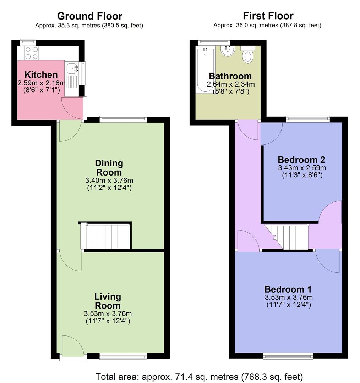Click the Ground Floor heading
click(x=89, y=16)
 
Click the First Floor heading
click(x=268, y=16)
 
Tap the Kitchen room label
click(x=41, y=75)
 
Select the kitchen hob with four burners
click(x=31, y=53)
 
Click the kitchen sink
click(x=72, y=67)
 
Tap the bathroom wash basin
click(x=226, y=51)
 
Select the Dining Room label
click(x=109, y=168)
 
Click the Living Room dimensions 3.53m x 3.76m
click(x=108, y=313)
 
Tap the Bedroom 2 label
click(x=301, y=159)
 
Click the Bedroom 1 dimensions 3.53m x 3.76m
click(x=288, y=297)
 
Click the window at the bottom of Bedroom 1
click(x=288, y=356)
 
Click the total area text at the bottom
click(x=199, y=376)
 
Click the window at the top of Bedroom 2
click(x=308, y=119)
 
